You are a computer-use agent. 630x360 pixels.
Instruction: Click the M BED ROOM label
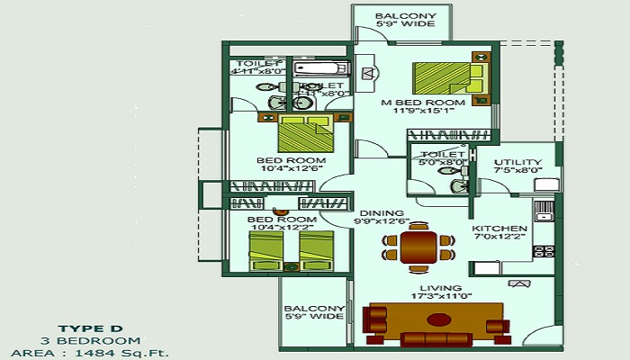pos(434,103)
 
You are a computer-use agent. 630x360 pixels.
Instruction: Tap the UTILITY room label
pos(517,162)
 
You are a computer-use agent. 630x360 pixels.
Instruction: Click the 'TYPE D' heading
pos(89,328)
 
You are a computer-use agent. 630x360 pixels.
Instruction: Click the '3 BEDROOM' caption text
pos(89,340)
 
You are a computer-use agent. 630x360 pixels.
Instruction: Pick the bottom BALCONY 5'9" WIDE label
pos(312,310)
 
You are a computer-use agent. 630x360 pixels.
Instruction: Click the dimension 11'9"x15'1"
pos(434,112)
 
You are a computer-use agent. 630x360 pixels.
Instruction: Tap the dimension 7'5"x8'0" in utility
pos(517,171)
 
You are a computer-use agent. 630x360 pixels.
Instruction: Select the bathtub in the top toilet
pos(319,69)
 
